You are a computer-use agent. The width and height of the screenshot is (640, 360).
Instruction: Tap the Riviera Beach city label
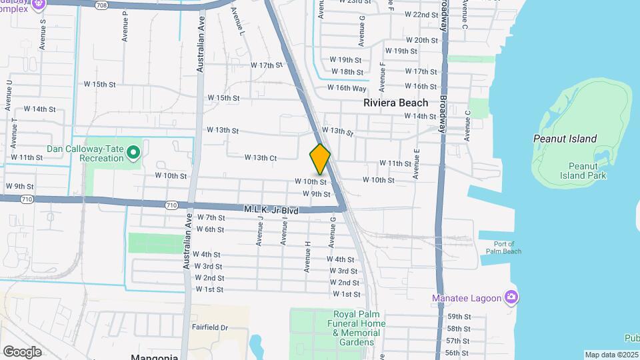click(x=395, y=103)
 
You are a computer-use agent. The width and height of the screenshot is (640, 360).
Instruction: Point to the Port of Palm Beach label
click(x=499, y=247)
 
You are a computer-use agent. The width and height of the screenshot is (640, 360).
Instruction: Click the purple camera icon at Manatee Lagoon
click(x=511, y=297)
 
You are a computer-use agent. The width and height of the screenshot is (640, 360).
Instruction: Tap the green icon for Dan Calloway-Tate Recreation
click(x=133, y=153)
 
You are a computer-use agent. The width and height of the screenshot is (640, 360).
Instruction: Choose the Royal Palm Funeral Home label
click(x=359, y=328)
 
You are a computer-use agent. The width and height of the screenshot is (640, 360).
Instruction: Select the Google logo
click(x=22, y=351)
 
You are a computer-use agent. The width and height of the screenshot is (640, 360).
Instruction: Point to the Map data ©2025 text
click(x=611, y=355)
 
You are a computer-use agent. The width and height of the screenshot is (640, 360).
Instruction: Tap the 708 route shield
click(x=101, y=5)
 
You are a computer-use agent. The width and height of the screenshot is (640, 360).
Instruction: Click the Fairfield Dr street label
click(x=210, y=327)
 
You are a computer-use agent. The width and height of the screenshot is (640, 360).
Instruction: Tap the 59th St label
click(x=459, y=317)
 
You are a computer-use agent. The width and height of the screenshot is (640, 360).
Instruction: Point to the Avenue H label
click(x=307, y=257)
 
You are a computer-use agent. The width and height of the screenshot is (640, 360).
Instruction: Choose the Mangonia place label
click(x=154, y=357)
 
